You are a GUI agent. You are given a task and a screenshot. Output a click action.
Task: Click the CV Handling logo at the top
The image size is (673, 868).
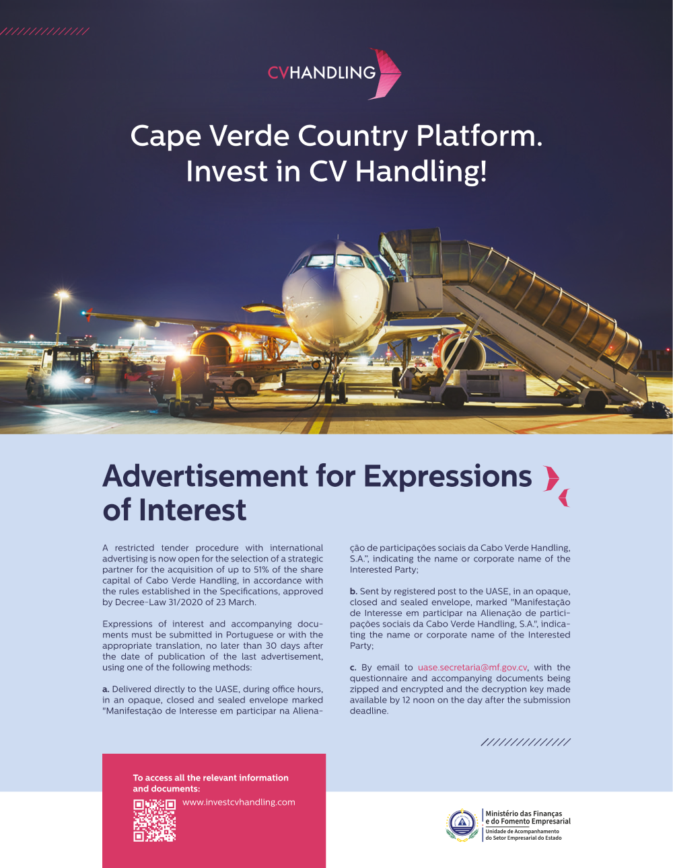[x=334, y=73]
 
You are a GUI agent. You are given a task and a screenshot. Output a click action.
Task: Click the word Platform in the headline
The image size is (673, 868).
[x=479, y=136]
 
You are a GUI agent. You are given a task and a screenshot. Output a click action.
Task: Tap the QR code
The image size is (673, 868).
[x=154, y=820]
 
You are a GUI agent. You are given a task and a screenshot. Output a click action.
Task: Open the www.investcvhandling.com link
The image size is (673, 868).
[x=238, y=802]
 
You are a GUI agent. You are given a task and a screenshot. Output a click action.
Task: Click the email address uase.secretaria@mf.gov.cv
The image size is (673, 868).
[x=472, y=668]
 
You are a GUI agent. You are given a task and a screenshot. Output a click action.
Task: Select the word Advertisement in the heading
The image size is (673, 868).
[x=205, y=476]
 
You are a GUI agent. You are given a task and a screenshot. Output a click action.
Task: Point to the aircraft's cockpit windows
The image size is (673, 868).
[x=334, y=261]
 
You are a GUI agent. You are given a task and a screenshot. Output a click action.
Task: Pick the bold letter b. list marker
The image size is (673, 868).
[x=353, y=592]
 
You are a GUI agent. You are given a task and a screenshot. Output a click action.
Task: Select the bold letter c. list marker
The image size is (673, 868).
[x=353, y=668]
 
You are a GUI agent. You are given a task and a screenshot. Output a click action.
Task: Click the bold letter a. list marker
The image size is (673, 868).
[x=106, y=689]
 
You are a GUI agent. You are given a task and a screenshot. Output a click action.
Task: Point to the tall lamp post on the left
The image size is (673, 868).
[x=61, y=316]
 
